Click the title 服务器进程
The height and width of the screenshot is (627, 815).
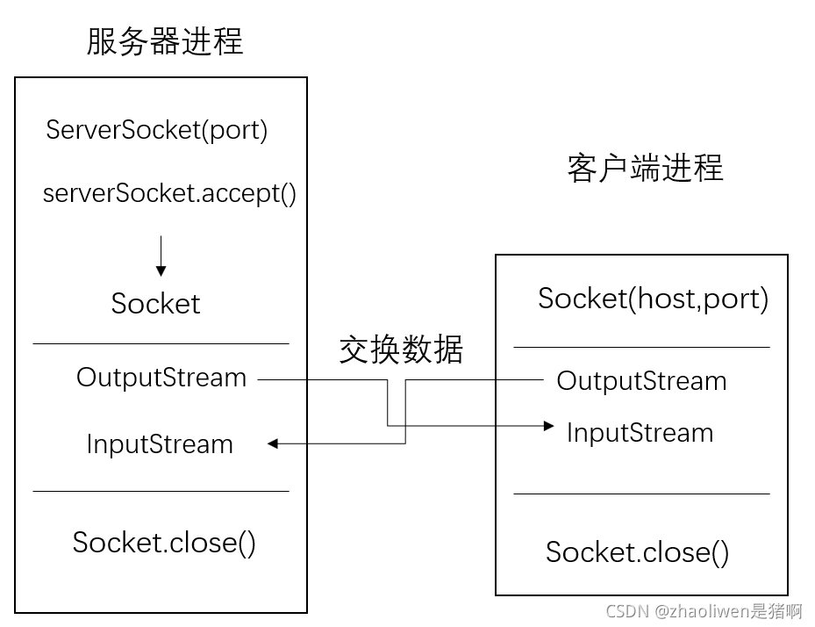(164, 41)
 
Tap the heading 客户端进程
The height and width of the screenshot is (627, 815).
(645, 168)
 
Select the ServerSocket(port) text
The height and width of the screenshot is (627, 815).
(157, 130)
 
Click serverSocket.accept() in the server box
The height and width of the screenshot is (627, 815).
(170, 193)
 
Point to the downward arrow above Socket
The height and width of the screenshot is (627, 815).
(161, 256)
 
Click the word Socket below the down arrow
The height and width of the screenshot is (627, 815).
(156, 304)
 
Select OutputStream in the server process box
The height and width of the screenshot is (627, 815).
(161, 378)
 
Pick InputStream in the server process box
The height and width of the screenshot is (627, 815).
(160, 444)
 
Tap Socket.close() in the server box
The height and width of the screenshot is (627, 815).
(164, 542)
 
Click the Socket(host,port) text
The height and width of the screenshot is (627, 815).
(653, 299)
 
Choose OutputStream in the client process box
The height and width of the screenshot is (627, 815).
(641, 381)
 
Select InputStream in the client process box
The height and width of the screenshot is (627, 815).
(640, 433)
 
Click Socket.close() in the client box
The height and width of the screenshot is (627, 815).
(637, 551)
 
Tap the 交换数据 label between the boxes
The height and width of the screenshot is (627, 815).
(401, 350)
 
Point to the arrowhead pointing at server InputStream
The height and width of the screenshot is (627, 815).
(273, 444)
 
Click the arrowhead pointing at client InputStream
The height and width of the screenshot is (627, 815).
(549, 426)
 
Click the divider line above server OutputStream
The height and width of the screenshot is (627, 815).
(161, 343)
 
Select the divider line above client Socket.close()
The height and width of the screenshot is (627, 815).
(641, 494)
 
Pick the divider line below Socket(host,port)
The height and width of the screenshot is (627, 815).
(641, 347)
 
